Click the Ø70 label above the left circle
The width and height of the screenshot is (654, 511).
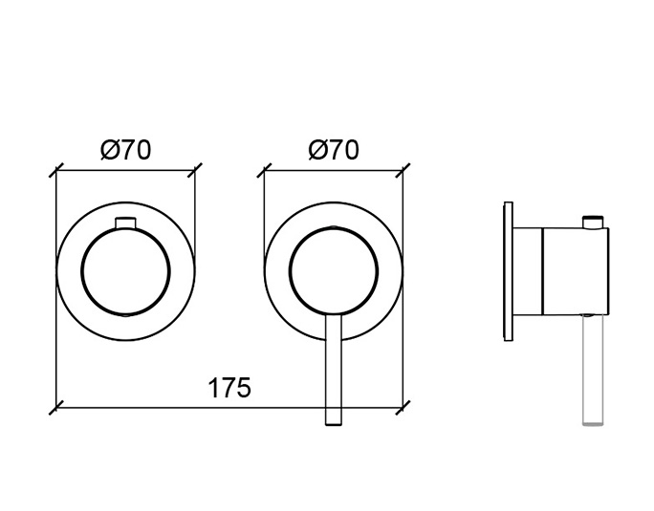(125, 150)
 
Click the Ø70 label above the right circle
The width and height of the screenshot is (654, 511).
(334, 150)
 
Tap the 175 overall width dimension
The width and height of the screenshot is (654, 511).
(229, 388)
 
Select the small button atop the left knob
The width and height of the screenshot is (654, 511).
(125, 223)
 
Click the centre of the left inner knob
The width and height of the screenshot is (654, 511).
(125, 271)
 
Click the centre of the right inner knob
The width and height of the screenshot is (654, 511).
(334, 271)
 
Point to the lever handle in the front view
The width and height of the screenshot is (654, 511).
(334, 370)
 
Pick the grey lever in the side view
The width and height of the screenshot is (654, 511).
(593, 370)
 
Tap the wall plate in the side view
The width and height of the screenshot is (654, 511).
(508, 271)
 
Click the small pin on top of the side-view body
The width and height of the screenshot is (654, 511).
(593, 222)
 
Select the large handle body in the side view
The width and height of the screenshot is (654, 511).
(576, 271)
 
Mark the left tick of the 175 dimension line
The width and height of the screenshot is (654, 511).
(55, 408)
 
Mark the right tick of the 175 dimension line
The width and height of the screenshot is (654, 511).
(403, 408)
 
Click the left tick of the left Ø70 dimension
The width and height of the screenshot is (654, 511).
(55, 170)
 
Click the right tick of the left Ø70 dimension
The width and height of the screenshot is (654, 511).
(195, 170)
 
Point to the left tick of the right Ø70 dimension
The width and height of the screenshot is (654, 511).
(264, 170)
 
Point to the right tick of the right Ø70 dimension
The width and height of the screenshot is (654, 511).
(403, 170)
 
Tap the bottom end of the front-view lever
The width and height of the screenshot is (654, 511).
(334, 425)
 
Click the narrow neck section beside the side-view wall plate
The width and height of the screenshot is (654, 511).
(528, 271)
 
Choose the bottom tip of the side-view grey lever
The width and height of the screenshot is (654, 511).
(593, 425)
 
